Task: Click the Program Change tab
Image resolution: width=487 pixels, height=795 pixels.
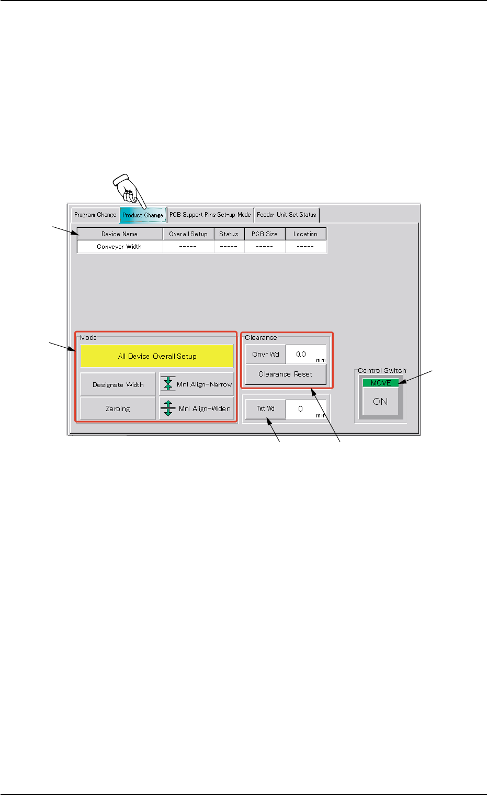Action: tap(95, 215)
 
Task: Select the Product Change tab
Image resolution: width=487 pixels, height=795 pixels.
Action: tap(143, 215)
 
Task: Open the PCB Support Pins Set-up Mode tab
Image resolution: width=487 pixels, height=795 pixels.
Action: tap(210, 215)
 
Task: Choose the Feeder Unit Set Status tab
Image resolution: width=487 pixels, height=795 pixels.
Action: tap(287, 215)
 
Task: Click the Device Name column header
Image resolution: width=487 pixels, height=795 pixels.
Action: tap(120, 234)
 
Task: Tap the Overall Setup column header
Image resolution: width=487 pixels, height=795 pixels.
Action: tap(188, 234)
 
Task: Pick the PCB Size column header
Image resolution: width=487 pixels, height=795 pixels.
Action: tap(265, 234)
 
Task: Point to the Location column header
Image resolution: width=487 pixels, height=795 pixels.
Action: tap(305, 234)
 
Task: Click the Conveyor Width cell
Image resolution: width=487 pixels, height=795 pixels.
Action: tap(120, 247)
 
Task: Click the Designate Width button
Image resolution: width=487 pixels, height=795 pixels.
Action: tap(118, 384)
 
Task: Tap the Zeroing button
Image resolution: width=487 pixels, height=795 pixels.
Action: tap(118, 408)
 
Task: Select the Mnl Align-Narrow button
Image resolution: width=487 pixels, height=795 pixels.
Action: tap(197, 384)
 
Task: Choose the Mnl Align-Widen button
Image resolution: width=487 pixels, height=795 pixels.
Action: tap(197, 408)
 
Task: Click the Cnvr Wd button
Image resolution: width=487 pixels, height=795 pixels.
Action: tap(266, 355)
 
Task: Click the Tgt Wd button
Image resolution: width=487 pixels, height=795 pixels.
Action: tap(266, 408)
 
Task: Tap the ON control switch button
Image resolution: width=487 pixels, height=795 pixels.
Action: tap(380, 402)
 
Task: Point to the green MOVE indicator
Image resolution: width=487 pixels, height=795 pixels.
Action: tap(380, 383)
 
